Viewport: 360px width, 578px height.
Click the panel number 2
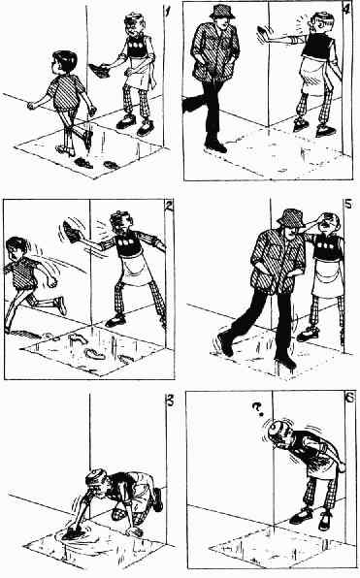[169, 207]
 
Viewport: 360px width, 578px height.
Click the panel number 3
[170, 401]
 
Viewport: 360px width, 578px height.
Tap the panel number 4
[346, 10]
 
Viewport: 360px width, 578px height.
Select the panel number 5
[348, 203]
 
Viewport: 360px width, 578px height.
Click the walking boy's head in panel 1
[63, 63]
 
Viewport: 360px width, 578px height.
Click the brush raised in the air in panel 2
[71, 232]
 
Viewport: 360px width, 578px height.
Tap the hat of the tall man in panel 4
[222, 12]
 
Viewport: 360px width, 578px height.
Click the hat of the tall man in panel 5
[290, 218]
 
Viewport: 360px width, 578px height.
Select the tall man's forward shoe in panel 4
[215, 145]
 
